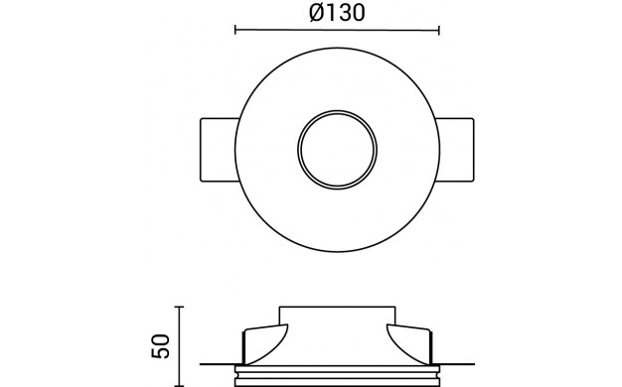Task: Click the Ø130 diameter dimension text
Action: coord(337,13)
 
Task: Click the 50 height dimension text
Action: coord(161,346)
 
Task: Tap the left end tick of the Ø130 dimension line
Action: coord(235,30)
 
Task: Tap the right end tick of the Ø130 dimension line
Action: coord(439,31)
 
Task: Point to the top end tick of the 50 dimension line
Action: coord(179,307)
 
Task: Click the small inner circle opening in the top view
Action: coord(337,150)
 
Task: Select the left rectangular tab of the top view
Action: coord(220,150)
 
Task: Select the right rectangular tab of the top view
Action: coord(455,150)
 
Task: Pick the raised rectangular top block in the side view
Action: coord(337,316)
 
